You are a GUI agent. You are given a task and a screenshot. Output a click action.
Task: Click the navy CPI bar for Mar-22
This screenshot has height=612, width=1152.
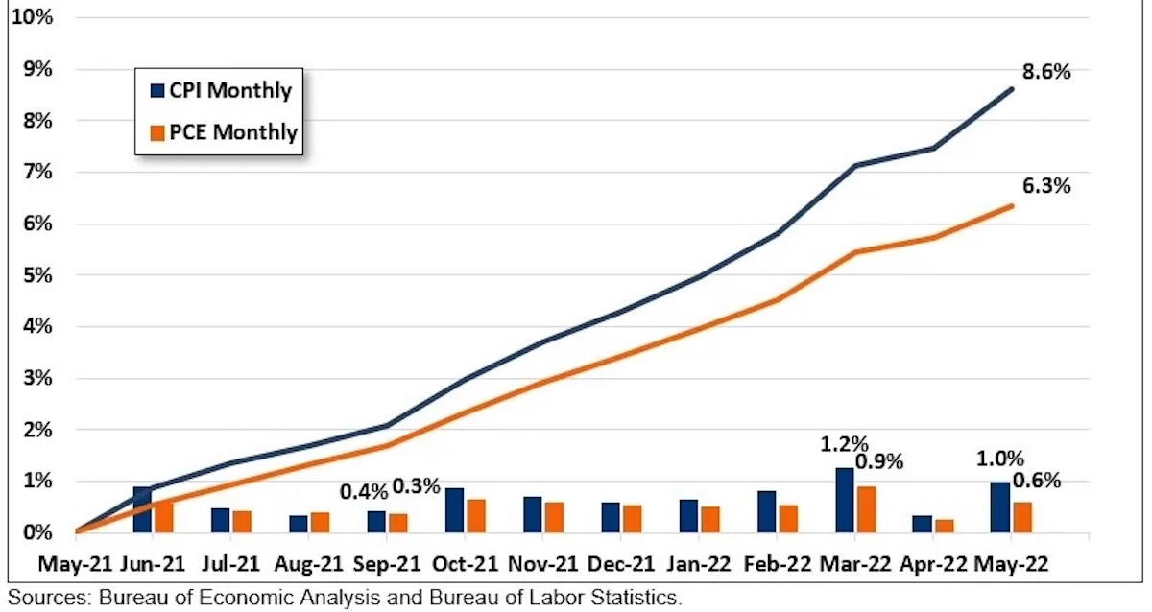click(x=845, y=500)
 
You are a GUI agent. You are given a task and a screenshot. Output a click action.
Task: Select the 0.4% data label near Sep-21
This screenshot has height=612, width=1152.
click(x=365, y=492)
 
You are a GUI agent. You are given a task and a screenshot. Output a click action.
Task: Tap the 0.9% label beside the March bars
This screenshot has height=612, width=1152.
click(x=900, y=461)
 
